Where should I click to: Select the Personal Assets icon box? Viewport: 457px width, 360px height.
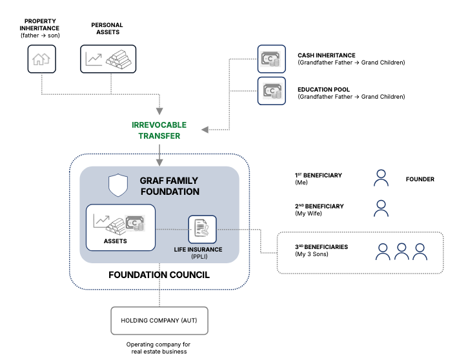(107, 59)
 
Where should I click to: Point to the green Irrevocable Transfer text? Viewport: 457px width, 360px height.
(159, 130)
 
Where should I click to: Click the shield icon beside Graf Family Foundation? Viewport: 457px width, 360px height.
(118, 186)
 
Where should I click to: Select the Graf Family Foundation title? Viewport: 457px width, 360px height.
(170, 186)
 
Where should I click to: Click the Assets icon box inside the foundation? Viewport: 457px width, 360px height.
(121, 227)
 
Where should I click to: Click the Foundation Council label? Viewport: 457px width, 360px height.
(159, 275)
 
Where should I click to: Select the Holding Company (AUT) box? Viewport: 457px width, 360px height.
(159, 320)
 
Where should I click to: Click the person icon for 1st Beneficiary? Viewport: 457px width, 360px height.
(381, 178)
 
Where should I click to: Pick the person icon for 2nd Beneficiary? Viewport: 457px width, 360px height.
(381, 208)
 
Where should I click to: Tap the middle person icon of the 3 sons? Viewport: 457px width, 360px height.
(401, 251)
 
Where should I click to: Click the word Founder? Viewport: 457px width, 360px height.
(420, 179)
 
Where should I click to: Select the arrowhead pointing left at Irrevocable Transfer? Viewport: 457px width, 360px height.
(205, 130)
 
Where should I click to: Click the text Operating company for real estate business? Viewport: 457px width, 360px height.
(158, 348)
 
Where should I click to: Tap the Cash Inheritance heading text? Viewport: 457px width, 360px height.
(327, 55)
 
